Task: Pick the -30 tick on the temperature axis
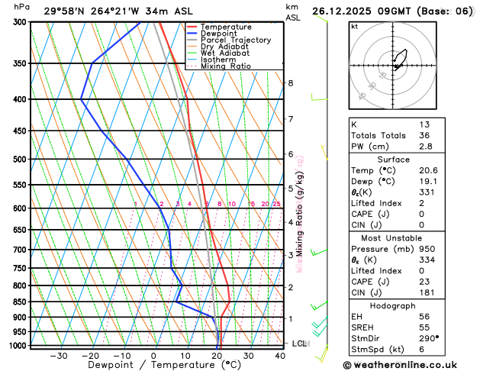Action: coord(59,356)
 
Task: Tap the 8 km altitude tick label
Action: coord(290,82)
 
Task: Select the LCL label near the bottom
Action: coord(299,344)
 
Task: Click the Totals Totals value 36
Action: coord(424,135)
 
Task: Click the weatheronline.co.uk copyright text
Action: coord(411,365)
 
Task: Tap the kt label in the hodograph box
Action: coord(354,26)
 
